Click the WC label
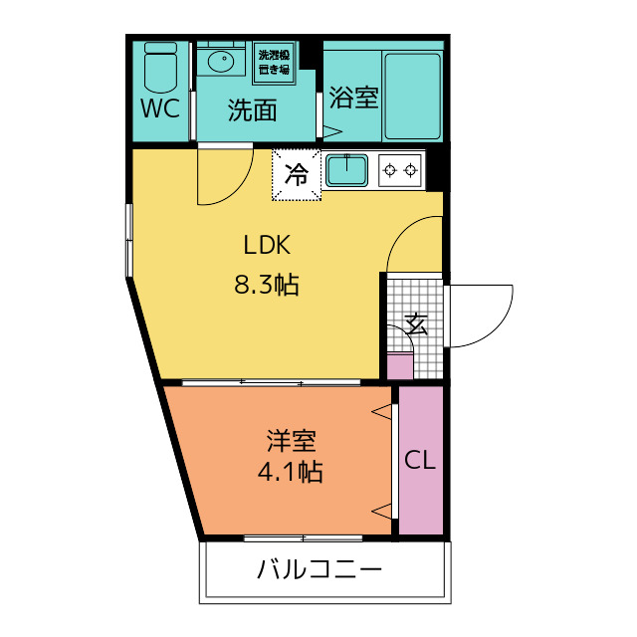tap(160, 108)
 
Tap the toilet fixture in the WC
tap(161, 68)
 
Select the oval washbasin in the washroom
tap(221, 62)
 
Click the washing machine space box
tap(275, 63)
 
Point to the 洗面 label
tap(252, 110)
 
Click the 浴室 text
tap(354, 98)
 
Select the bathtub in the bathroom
tap(413, 97)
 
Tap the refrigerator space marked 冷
tap(297, 175)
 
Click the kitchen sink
tap(346, 170)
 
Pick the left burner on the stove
tap(390, 170)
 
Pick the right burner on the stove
tap(411, 170)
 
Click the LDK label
tap(267, 245)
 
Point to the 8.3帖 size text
tap(267, 284)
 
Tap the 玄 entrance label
tap(416, 324)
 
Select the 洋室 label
tap(291, 440)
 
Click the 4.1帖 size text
tap(291, 472)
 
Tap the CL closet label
tap(420, 461)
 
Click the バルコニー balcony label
tap(319, 569)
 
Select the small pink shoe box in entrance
tap(400, 366)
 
